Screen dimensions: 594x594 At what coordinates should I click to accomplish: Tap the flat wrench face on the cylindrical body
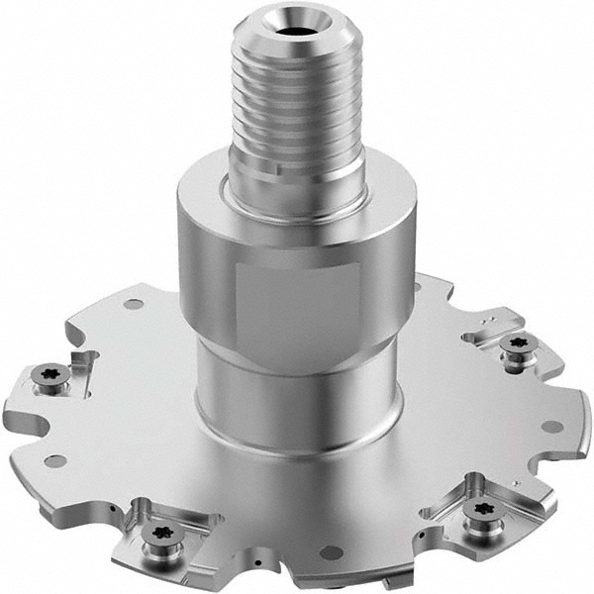tap(297, 307)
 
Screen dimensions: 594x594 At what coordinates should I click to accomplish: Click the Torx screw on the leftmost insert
tap(48, 374)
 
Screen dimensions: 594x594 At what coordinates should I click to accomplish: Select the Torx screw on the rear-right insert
tap(517, 344)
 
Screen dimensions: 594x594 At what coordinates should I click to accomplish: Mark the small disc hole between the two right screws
tap(552, 427)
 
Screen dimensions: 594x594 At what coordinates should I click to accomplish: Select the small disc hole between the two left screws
tap(55, 460)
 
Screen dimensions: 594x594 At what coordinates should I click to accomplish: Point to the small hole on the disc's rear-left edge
tap(133, 304)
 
